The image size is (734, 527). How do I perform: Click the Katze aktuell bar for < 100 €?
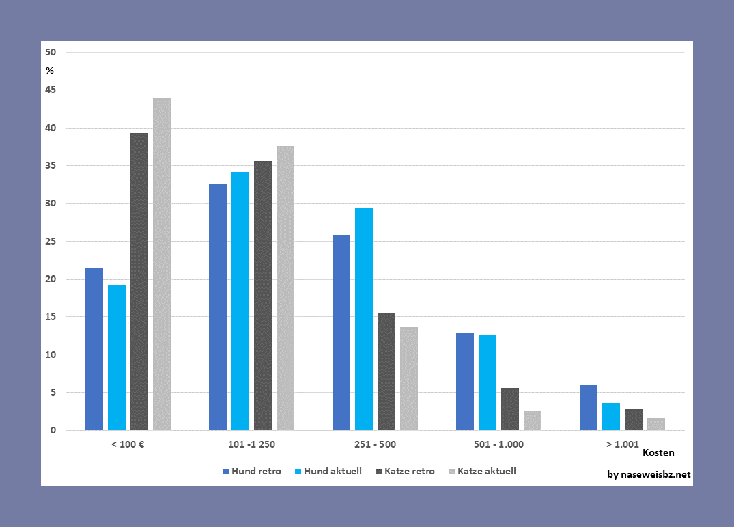(162, 264)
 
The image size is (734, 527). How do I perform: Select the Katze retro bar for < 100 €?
(139, 281)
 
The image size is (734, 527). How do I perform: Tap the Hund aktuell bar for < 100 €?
(117, 357)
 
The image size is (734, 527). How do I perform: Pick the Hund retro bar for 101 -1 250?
(218, 307)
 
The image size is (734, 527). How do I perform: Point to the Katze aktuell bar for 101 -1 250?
(285, 288)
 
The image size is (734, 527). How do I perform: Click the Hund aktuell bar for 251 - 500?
(364, 319)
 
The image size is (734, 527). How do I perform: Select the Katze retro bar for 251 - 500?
(386, 371)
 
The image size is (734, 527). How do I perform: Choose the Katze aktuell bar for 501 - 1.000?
(533, 420)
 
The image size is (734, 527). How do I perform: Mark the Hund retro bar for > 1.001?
(589, 407)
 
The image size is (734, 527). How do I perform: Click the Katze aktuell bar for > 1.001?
(656, 424)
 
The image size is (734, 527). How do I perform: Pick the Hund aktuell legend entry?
(327, 471)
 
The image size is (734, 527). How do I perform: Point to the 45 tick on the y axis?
(51, 90)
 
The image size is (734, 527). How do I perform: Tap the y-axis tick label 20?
(51, 279)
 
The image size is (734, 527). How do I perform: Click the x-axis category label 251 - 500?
(375, 444)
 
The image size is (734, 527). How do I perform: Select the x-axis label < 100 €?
(128, 444)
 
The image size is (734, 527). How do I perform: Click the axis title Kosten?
(658, 452)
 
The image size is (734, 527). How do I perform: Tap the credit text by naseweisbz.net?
(649, 474)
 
